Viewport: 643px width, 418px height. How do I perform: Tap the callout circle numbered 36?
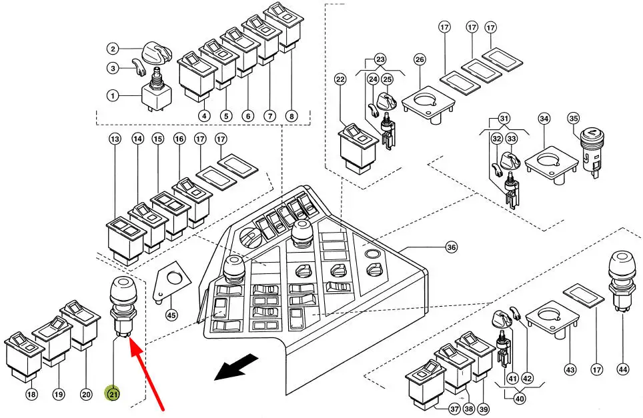(x=451, y=247)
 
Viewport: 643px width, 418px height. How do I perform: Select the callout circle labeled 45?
(x=171, y=315)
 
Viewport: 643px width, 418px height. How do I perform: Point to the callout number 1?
(x=113, y=96)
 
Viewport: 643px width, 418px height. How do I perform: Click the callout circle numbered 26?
(x=420, y=59)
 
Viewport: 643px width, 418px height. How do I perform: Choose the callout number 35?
(x=573, y=119)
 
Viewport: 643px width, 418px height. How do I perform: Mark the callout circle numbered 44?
(x=622, y=369)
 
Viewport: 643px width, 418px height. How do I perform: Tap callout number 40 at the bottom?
(x=520, y=398)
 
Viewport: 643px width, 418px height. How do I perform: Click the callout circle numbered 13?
(x=115, y=139)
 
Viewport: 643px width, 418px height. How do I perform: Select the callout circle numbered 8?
(x=291, y=116)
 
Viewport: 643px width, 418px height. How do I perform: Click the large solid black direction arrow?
(x=237, y=367)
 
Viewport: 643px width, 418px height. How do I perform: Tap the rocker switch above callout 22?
(x=358, y=148)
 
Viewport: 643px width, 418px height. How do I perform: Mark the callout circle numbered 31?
(x=504, y=119)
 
